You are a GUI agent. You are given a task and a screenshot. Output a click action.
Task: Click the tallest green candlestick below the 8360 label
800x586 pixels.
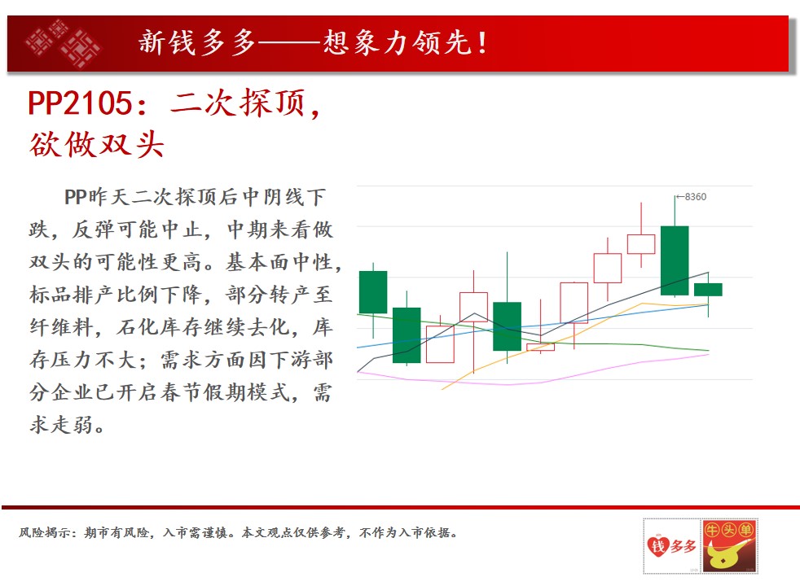tap(675, 260)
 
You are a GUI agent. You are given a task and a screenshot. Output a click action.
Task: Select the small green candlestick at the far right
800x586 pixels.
tap(708, 290)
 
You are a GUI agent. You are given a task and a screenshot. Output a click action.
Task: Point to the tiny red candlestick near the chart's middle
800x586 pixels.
tap(540, 347)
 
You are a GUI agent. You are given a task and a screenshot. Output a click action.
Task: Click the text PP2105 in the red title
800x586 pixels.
tap(80, 103)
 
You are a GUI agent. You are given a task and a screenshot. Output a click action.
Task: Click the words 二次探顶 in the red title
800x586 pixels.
tap(237, 103)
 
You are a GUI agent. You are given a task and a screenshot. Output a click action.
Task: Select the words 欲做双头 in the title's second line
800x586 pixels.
tap(96, 144)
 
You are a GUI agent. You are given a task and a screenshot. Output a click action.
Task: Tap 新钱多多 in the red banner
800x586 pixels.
tap(196, 42)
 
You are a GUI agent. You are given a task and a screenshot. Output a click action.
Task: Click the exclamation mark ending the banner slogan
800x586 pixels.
tap(481, 42)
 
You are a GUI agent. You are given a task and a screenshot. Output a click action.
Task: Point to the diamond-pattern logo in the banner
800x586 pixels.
tap(62, 44)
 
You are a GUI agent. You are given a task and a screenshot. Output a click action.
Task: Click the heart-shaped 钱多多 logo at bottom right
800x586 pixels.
tap(671, 546)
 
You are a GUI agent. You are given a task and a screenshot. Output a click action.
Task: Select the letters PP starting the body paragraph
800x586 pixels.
tap(75, 197)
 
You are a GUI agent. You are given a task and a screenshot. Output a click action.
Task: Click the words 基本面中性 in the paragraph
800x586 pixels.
tap(279, 262)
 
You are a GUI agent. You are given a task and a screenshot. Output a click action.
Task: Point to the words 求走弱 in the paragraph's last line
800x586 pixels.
tap(61, 425)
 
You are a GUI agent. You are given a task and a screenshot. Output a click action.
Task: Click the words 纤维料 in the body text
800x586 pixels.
tap(61, 326)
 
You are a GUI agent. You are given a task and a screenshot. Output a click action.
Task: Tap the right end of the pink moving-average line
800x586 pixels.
tap(709, 354)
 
